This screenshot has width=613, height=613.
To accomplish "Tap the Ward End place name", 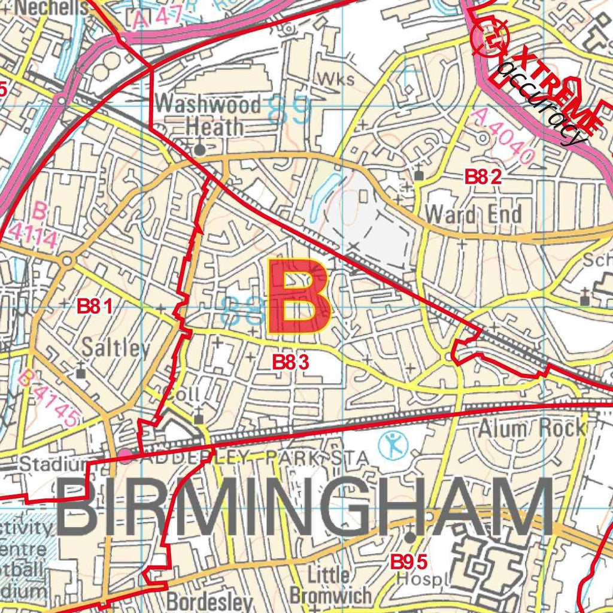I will (x=473, y=214).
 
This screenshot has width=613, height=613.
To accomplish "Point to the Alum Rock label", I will (x=532, y=427).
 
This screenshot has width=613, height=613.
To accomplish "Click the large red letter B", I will (x=298, y=297).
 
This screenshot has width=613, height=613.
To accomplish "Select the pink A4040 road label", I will (x=502, y=136).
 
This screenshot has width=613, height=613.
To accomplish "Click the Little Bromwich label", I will (x=330, y=585).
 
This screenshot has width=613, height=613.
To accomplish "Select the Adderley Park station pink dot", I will (x=125, y=457).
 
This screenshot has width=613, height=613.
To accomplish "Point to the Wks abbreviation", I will (x=336, y=79).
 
